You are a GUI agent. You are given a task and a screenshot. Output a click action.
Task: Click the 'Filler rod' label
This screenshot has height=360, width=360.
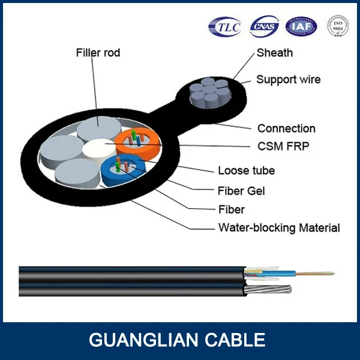coord(98,53)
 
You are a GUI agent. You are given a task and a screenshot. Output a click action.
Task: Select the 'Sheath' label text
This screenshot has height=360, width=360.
coord(275,53)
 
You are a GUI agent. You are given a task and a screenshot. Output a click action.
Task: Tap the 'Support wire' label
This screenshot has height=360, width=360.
coord(288,79)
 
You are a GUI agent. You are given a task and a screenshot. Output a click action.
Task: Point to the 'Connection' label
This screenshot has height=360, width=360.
coord(286,128)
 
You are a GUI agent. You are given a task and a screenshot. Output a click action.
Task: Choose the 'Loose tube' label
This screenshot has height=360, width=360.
coord(246,170)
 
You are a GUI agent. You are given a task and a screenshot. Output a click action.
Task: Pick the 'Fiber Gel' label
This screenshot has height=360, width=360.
coord(241,191)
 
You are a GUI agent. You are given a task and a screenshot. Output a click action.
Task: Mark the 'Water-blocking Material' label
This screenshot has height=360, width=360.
coord(279,227)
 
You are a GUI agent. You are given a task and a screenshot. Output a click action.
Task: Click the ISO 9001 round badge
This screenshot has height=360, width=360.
coord(338,26)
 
